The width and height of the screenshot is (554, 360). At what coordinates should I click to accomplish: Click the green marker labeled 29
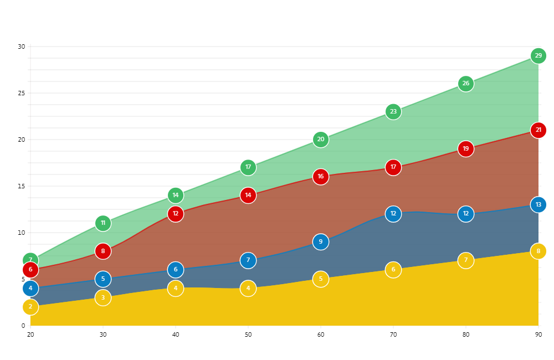(x=538, y=56)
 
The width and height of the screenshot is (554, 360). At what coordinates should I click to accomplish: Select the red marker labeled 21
(x=538, y=130)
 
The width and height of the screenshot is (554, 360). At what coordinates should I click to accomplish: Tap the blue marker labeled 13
(x=538, y=205)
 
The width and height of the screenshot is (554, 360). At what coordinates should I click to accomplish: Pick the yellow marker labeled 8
(x=538, y=251)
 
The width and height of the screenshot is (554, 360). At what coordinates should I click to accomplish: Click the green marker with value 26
(x=466, y=84)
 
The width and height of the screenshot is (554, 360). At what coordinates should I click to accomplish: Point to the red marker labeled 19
(x=466, y=149)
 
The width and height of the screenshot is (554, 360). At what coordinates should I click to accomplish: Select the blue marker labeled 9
(x=321, y=242)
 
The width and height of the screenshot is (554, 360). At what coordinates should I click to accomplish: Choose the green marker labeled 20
(x=321, y=140)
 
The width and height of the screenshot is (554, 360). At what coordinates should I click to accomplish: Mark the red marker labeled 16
(x=321, y=177)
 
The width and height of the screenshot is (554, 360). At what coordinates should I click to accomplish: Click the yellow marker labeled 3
(x=103, y=298)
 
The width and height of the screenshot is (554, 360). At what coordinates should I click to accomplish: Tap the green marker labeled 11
(x=103, y=223)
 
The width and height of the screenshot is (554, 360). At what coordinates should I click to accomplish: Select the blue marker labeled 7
(x=248, y=260)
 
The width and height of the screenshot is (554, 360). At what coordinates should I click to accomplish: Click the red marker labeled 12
(x=176, y=214)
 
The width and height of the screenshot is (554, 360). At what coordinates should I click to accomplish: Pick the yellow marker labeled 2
(x=30, y=307)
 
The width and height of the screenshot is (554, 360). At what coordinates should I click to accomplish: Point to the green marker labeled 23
(x=393, y=112)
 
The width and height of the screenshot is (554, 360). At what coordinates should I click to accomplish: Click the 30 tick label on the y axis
(x=21, y=47)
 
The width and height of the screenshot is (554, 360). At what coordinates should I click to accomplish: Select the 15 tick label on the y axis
(x=21, y=186)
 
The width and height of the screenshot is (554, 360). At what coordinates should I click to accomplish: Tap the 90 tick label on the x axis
(x=538, y=335)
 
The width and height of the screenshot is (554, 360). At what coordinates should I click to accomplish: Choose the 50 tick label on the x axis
(x=248, y=335)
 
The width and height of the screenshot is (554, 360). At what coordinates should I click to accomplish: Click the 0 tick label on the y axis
(x=23, y=326)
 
